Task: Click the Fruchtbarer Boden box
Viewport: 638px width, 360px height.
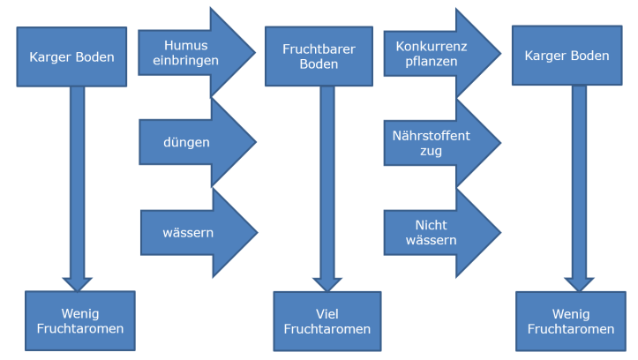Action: (x=319, y=56)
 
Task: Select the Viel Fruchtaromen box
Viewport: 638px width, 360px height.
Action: (x=327, y=321)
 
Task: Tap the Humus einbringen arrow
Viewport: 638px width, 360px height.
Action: (x=192, y=52)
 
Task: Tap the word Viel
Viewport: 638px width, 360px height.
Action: (x=327, y=313)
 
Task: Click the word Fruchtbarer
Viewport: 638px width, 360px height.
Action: (x=319, y=49)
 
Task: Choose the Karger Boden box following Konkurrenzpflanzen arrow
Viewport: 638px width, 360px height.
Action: (x=567, y=56)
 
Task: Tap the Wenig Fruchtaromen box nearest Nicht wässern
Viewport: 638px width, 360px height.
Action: (x=571, y=321)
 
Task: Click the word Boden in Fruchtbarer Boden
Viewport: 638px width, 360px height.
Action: (x=319, y=64)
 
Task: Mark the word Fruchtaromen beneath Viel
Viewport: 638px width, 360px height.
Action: (x=327, y=329)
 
